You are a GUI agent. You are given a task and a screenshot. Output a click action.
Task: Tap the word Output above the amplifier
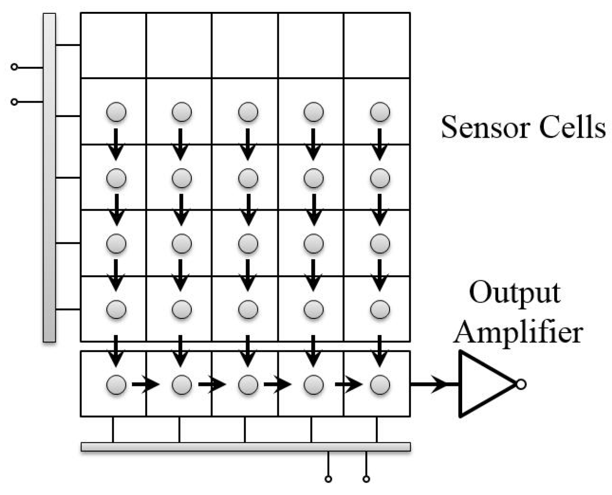[x=515, y=293]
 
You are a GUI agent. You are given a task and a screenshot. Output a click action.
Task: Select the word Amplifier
[x=518, y=332]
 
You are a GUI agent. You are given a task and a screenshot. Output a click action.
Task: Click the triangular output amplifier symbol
[x=482, y=384]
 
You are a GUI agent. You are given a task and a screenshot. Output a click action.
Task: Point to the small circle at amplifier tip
[x=521, y=384]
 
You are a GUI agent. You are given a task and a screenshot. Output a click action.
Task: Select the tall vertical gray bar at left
[x=49, y=178]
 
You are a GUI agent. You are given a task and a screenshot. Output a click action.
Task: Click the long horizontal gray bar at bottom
[x=245, y=447]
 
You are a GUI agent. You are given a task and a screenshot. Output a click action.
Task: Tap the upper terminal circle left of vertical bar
[x=14, y=67]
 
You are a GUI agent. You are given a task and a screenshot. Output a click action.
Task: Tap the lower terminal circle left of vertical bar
[x=14, y=102]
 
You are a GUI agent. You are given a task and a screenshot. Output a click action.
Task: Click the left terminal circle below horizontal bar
[x=328, y=479]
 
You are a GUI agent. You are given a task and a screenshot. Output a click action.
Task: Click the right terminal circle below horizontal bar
[x=366, y=479]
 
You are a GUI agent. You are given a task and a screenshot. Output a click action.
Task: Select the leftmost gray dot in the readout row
[x=116, y=384]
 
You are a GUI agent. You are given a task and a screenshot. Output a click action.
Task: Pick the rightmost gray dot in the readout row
[x=380, y=384]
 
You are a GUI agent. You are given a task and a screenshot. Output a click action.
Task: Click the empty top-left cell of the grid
[x=113, y=45]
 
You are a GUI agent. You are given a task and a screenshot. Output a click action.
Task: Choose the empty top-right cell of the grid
[x=377, y=45]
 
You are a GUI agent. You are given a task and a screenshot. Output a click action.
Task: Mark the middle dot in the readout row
[x=248, y=384]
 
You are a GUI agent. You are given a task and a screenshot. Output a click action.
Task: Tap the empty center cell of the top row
[x=245, y=45]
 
